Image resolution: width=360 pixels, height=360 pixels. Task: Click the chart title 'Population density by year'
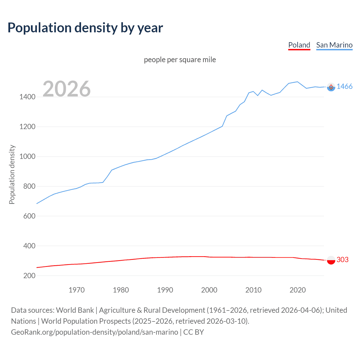(85, 28)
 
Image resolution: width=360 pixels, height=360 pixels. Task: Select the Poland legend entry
(299, 45)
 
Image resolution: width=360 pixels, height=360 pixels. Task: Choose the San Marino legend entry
(334, 45)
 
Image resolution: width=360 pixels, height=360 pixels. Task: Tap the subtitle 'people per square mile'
(180, 60)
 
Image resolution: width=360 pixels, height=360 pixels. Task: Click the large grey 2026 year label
(67, 89)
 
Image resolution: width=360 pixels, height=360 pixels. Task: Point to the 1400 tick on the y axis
(27, 97)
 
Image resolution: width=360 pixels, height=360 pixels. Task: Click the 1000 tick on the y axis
(27, 157)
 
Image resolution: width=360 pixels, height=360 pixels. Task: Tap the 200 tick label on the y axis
(29, 276)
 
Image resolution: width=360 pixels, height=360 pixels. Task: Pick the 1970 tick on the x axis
(76, 290)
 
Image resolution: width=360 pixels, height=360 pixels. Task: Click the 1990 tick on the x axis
(165, 290)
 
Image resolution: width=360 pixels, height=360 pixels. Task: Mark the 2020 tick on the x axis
(298, 290)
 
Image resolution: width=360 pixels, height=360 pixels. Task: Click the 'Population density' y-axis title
(12, 174)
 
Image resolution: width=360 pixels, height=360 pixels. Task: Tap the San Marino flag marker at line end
(331, 87)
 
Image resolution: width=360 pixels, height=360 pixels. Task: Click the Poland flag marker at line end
(331, 260)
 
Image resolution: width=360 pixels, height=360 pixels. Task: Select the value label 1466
(344, 86)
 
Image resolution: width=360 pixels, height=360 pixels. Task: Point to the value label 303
(342, 260)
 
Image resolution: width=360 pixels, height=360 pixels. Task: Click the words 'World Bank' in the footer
(75, 310)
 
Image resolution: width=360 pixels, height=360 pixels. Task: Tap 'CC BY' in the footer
(193, 332)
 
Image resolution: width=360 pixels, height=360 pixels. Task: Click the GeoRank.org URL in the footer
(94, 332)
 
